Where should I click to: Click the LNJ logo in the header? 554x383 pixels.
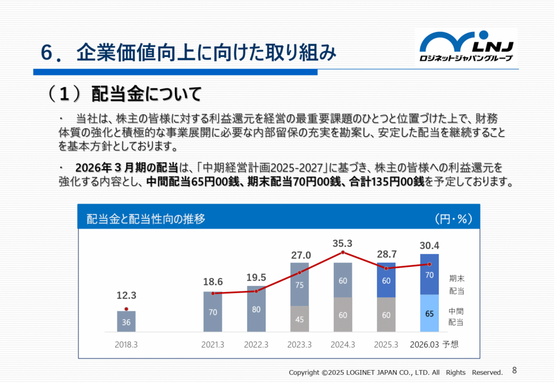tap(466, 47)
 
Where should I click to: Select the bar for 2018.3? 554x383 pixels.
tap(126, 321)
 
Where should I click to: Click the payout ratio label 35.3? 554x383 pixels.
tap(342, 243)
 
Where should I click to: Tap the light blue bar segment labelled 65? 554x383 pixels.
tap(430, 313)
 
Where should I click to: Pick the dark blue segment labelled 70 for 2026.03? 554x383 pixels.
tap(430, 275)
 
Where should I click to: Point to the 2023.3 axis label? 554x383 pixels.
tap(299, 345)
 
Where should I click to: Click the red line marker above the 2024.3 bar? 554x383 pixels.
tap(342, 253)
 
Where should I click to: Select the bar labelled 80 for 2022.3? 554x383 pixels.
tap(256, 309)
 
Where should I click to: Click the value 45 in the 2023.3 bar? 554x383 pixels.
tap(299, 319)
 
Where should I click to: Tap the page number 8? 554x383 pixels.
tap(514, 371)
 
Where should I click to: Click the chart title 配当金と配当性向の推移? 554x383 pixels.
tap(146, 219)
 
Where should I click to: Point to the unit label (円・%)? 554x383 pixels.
tap(453, 219)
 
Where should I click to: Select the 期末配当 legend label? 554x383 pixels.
tap(457, 284)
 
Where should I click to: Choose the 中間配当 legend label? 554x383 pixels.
tap(457, 317)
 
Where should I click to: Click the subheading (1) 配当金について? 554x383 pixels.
tap(124, 94)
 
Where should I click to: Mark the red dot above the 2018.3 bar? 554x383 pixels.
tap(126, 309)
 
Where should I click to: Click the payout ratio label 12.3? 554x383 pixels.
tap(126, 296)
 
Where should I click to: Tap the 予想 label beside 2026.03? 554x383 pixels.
tap(450, 345)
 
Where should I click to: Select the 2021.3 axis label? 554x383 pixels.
tap(213, 345)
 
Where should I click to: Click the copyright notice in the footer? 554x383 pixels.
tap(395, 372)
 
